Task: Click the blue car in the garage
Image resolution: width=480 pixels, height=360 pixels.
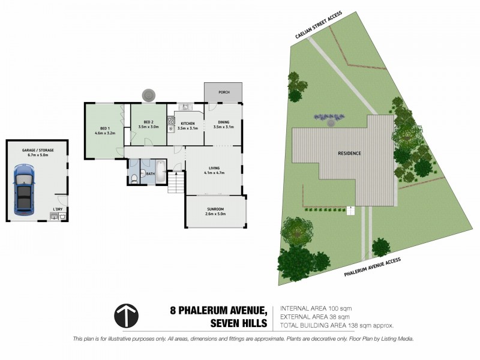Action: (24, 190)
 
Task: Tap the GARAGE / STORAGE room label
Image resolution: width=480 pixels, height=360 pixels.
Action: (37, 152)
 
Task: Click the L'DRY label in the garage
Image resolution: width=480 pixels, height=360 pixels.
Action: (58, 209)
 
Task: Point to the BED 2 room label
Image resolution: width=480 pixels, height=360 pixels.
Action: (148, 124)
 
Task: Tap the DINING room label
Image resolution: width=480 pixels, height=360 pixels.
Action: (223, 124)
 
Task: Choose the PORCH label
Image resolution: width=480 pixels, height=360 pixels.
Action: (224, 92)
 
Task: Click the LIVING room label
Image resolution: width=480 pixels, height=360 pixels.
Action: (214, 170)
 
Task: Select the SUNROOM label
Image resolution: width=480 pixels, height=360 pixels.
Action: (215, 211)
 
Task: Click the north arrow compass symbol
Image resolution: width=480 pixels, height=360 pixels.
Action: (126, 316)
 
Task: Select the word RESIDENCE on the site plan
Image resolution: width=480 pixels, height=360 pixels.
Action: (349, 153)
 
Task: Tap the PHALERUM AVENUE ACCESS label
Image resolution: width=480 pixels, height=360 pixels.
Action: (372, 266)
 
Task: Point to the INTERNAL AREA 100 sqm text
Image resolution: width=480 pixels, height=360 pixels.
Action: (315, 308)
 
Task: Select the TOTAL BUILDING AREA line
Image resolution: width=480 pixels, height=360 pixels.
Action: (337, 325)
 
